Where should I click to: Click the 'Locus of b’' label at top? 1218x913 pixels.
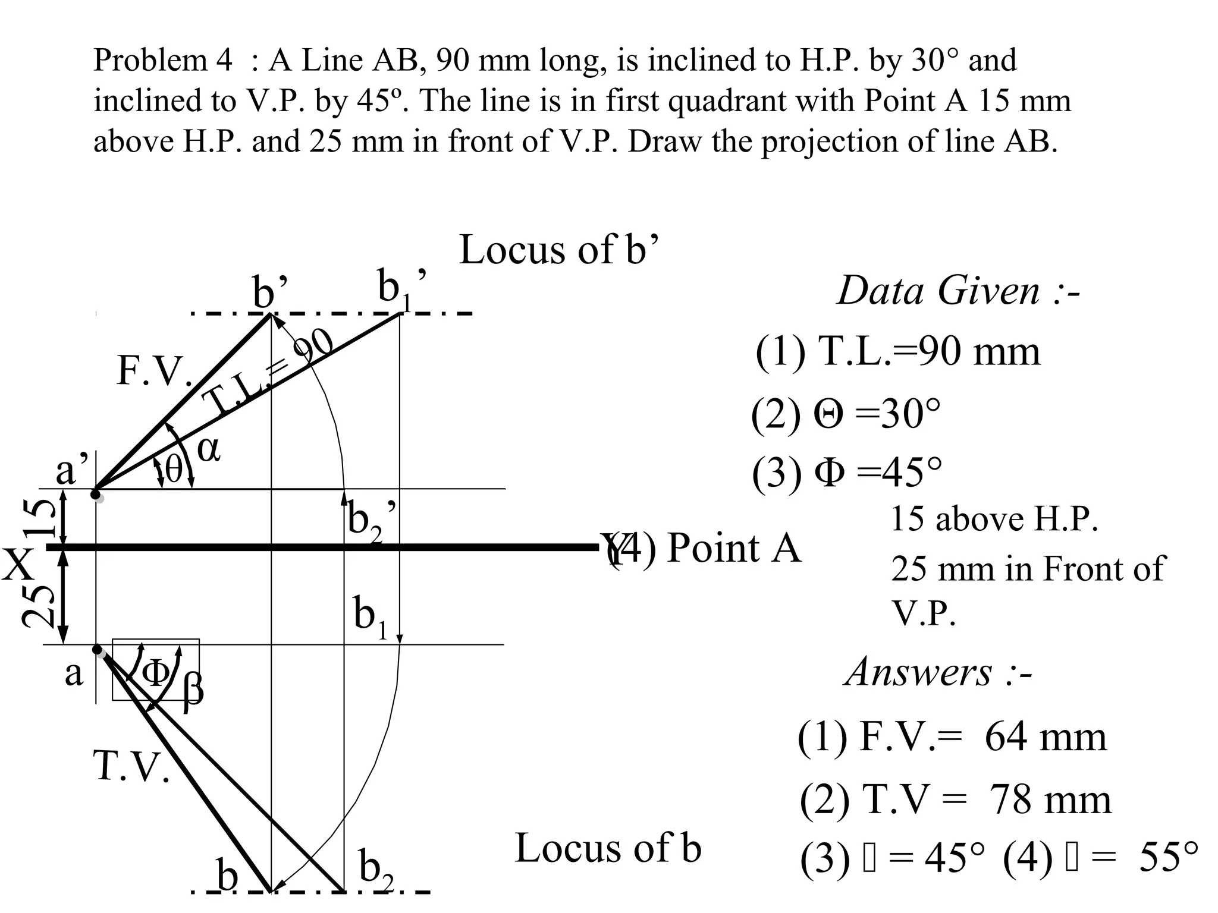click(559, 250)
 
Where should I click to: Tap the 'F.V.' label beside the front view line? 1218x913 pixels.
click(154, 371)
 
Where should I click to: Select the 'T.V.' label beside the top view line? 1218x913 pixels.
click(131, 766)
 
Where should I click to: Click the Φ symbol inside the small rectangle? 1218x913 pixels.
click(156, 673)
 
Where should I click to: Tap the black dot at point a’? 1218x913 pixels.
click(95, 494)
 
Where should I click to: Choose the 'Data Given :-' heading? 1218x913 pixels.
click(958, 291)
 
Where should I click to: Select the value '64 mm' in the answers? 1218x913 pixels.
click(1046, 737)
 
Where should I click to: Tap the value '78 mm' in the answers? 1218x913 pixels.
click(1050, 799)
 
